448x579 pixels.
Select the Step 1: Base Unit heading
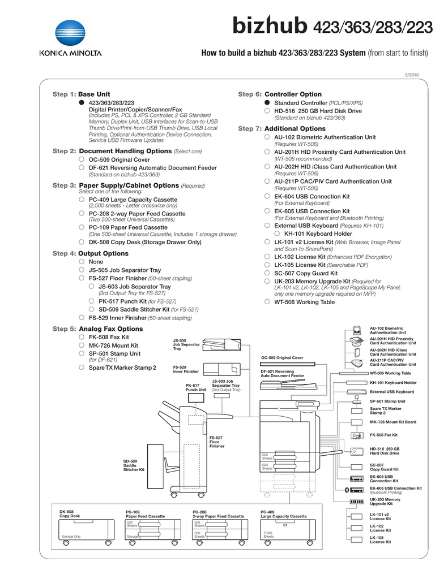coord(82,94)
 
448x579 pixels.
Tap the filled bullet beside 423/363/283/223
coord(82,102)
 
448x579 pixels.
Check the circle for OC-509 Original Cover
coord(82,159)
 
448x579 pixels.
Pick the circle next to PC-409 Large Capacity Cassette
coord(82,200)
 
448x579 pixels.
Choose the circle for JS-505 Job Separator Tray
coord(82,270)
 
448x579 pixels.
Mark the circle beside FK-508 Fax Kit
coord(82,337)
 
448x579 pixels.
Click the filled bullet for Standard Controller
coord(267,103)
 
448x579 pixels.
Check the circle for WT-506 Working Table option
coord(267,302)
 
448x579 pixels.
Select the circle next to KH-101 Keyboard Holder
coord(278,233)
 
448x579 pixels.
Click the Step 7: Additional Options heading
coord(281,129)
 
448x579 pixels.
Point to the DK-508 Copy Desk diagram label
coord(70,514)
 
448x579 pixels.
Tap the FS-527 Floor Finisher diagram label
coord(216,442)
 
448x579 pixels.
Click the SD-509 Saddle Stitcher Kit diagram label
coord(134,465)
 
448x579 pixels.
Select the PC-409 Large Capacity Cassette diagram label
coord(283,514)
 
